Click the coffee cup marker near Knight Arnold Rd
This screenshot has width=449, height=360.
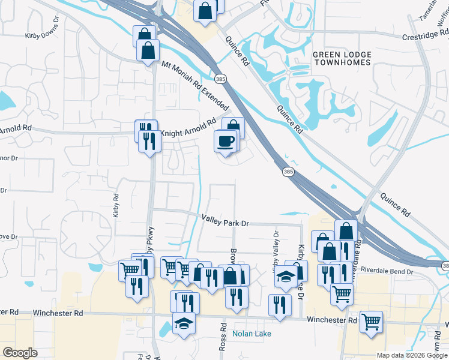[226, 142]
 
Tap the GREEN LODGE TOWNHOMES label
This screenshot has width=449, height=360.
[342, 59]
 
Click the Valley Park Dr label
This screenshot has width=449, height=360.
[224, 221]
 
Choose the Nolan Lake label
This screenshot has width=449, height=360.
[252, 334]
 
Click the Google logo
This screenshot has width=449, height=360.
[20, 352]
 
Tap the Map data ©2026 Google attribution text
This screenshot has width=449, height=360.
[411, 355]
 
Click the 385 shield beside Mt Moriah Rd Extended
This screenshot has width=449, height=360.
[220, 79]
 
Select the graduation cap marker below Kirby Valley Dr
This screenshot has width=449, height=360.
[286, 277]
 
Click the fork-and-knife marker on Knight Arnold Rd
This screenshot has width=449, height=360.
[149, 142]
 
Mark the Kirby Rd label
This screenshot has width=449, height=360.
[116, 205]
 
